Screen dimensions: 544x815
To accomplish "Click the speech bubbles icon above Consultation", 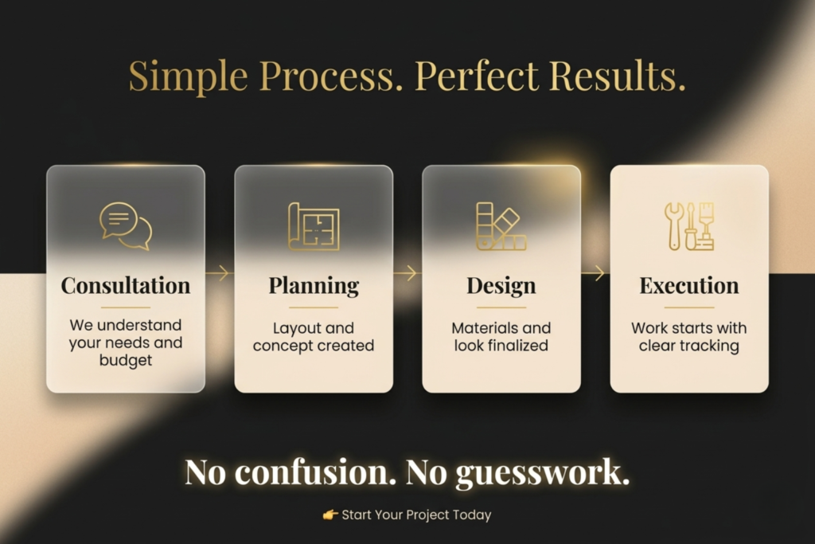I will point(126,226).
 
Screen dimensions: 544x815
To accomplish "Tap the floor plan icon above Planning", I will point(314,227).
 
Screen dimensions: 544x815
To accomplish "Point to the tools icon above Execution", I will point(689,226).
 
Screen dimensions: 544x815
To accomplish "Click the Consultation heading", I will point(126,285).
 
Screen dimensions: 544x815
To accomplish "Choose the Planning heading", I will point(314,285).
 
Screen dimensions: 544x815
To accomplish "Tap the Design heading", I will point(501,285).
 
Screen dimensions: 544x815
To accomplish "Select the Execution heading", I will point(689,285).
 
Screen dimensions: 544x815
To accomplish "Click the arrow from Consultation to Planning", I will point(218,273).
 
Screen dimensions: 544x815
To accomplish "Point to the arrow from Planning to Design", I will point(406,273).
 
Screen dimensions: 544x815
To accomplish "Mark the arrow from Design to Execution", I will point(594,273).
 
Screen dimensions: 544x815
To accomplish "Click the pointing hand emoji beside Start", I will point(330,515).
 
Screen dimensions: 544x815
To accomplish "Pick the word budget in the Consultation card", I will point(126,360).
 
